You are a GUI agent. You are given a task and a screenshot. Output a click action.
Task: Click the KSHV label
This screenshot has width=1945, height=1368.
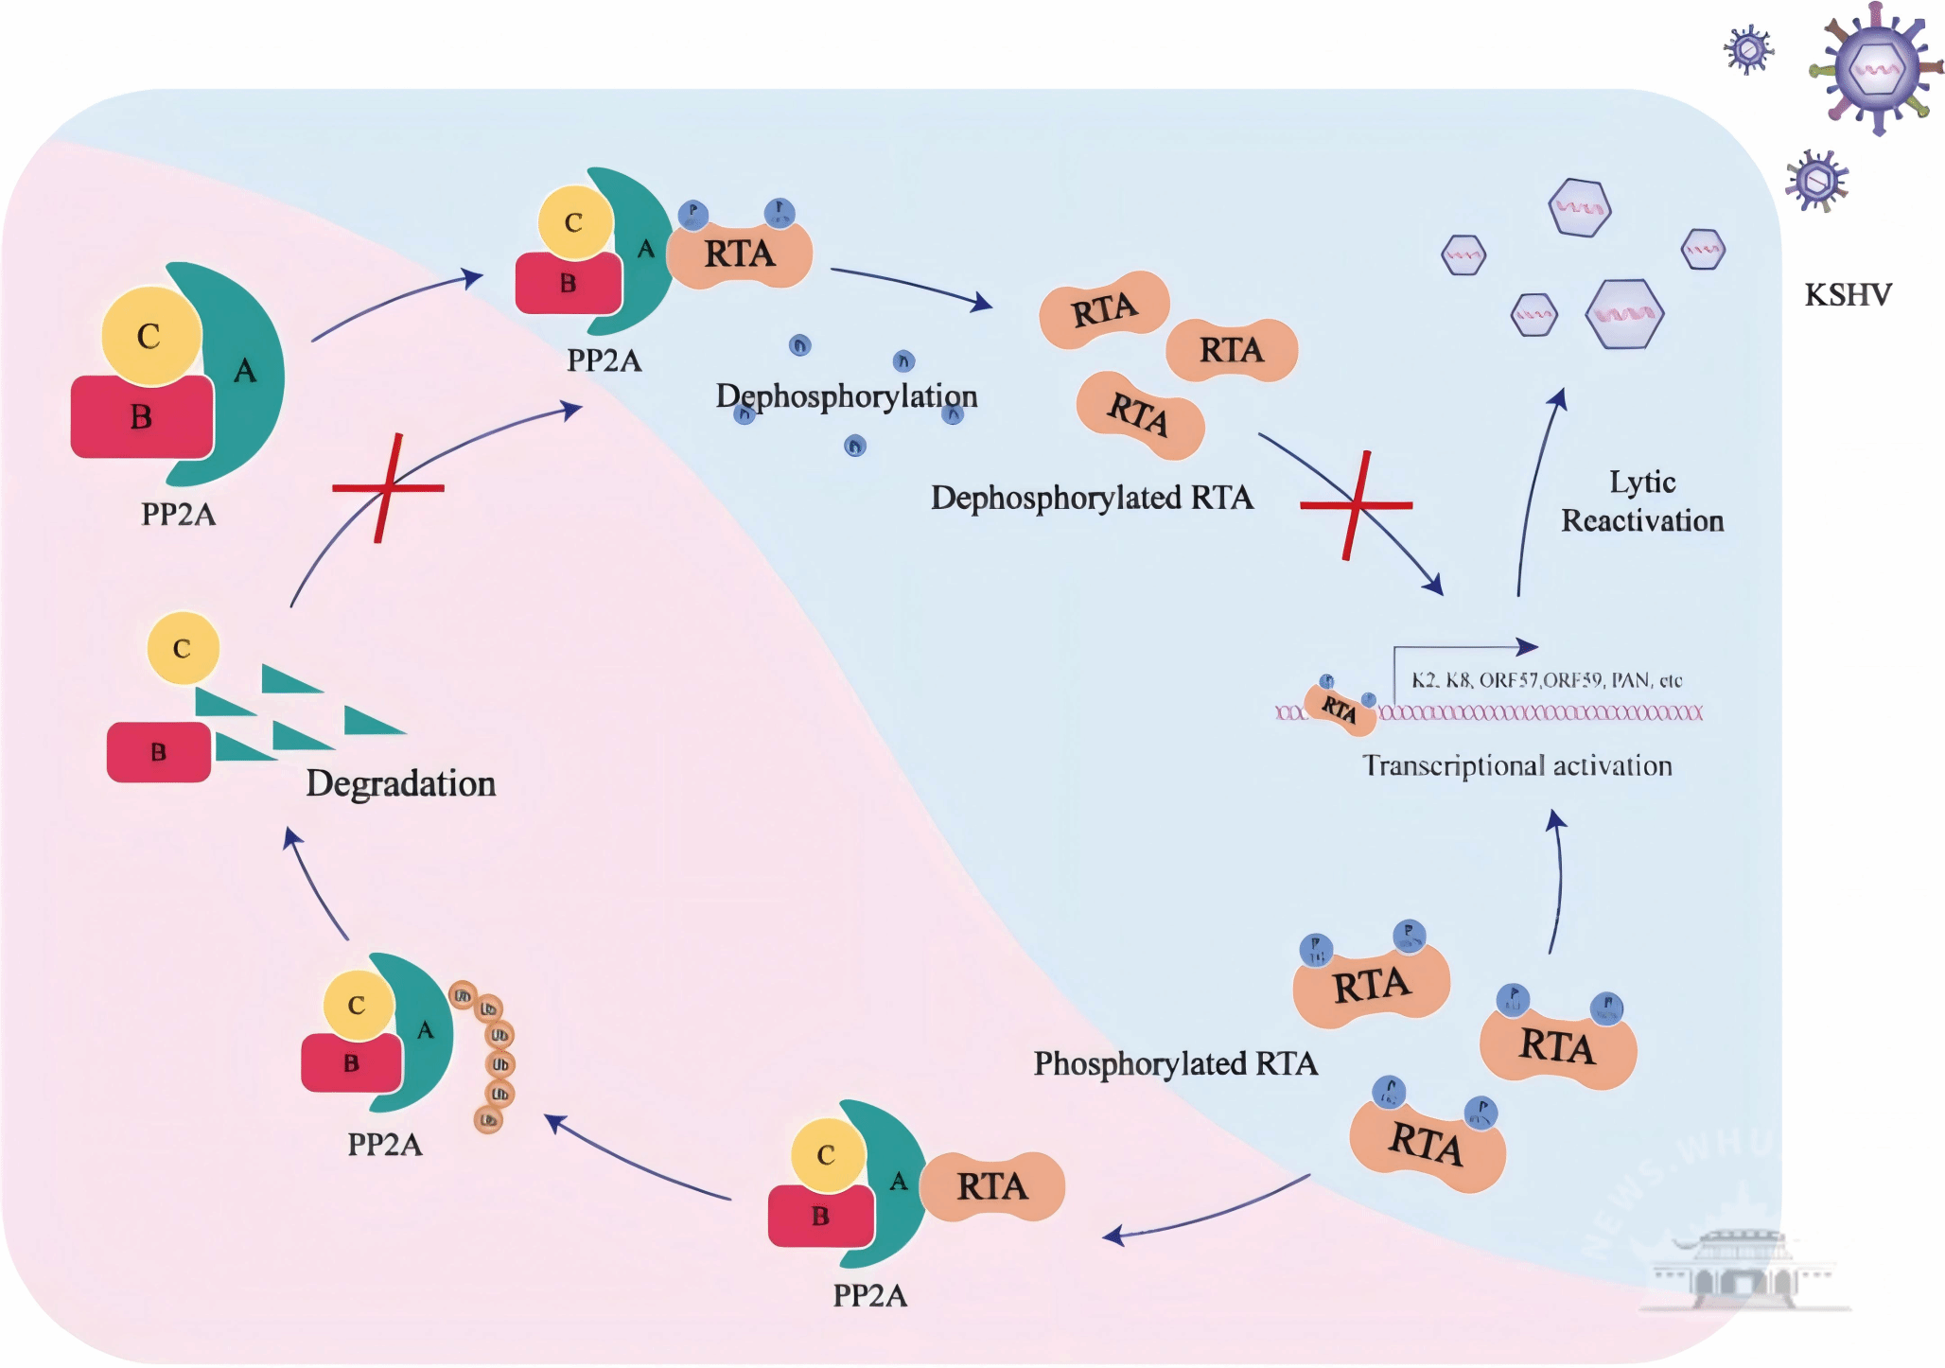tap(1847, 295)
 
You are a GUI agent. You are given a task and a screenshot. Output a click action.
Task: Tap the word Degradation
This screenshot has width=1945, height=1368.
tap(400, 783)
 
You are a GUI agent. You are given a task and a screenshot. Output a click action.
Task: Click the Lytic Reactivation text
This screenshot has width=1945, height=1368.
tap(1642, 501)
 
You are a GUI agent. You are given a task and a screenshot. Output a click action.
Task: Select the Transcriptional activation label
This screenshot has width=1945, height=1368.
tap(1516, 765)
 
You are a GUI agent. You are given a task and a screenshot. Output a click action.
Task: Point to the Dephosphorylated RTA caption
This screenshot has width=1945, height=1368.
tap(1092, 498)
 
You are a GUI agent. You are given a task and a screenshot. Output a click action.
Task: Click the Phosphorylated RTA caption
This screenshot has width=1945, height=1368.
tap(1175, 1063)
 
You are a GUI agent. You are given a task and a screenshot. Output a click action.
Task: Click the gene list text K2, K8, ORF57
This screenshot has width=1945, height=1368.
tap(1546, 680)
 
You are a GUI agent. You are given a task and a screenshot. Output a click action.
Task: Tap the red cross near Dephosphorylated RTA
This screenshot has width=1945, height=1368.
tap(1357, 505)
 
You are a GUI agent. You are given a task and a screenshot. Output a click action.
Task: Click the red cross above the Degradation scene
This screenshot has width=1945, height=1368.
tap(387, 488)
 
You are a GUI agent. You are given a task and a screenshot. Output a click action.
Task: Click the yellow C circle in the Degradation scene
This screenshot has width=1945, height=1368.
tap(183, 648)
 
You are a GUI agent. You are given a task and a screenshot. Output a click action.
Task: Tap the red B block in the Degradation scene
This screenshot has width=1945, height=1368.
tap(158, 752)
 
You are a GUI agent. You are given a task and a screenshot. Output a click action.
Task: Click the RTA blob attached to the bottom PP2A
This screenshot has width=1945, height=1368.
tap(991, 1186)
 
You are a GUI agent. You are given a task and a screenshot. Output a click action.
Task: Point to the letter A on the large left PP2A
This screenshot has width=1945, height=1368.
tap(245, 371)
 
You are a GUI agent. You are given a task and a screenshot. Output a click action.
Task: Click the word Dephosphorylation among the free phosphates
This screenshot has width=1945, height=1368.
tap(846, 395)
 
